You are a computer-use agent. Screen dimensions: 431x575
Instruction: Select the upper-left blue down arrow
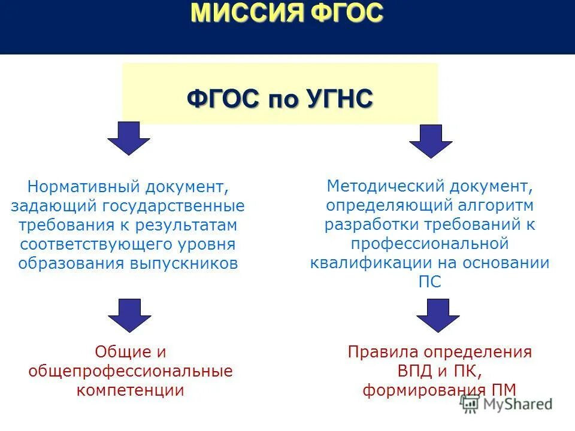point(128,138)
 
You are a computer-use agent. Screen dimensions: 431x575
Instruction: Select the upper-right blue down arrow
point(431,141)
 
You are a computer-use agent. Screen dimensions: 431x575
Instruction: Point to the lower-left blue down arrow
point(129,315)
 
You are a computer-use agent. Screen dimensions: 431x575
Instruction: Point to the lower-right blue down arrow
point(438,315)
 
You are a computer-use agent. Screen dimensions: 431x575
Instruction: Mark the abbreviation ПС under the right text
point(429,282)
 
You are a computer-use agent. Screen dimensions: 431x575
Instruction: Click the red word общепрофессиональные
point(130,371)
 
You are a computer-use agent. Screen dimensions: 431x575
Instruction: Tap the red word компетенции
point(130,390)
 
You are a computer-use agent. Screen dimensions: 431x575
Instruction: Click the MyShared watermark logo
point(507,404)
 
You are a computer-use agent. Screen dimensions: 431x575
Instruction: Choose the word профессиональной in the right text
point(429,244)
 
